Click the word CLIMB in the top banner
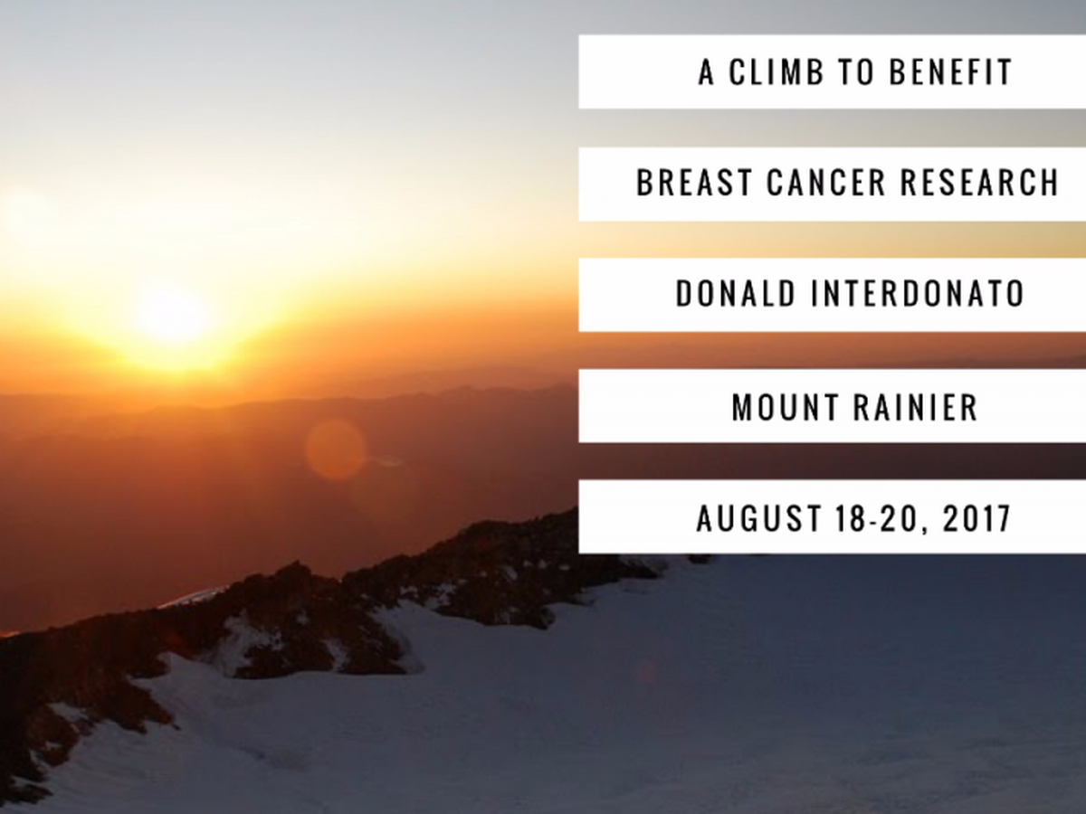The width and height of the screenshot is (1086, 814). coord(776,72)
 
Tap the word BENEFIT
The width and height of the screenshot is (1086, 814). coord(950,72)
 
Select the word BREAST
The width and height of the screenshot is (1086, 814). coord(694,183)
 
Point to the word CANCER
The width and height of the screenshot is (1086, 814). coord(825,183)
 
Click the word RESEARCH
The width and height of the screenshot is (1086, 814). coord(979,183)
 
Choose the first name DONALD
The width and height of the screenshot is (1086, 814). coord(736,294)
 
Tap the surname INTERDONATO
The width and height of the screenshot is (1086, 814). coord(918,294)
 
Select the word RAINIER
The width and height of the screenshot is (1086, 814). coord(915,408)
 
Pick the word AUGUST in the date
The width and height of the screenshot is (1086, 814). coord(759,518)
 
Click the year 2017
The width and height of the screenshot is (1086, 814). coord(976,518)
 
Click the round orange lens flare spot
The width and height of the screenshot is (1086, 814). coord(335,450)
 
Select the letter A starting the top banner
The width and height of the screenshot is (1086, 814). coord(707,72)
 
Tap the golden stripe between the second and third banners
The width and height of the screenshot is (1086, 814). coord(833,240)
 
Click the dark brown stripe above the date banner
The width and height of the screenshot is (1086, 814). coord(833,461)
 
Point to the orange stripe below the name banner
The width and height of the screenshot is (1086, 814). coord(833,350)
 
